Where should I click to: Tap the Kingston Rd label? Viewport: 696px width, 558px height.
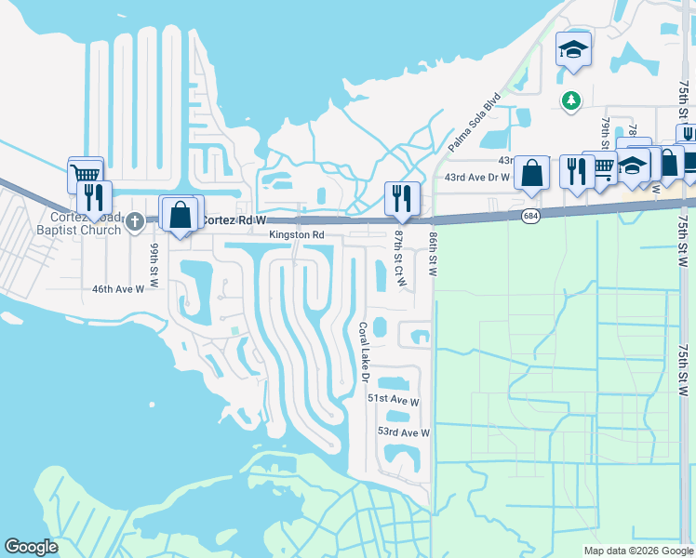point(296,235)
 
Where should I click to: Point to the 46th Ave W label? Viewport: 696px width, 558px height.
point(118,289)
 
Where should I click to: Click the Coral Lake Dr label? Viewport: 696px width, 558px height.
point(364,353)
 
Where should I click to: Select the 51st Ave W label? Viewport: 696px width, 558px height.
point(394,399)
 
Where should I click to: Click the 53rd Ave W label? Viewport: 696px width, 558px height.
point(403,432)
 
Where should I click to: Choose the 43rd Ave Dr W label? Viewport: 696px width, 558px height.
point(477,177)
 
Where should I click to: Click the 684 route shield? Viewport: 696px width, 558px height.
point(529,215)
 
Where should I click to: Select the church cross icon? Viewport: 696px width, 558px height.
point(135,220)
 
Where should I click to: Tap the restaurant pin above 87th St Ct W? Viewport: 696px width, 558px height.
point(401,196)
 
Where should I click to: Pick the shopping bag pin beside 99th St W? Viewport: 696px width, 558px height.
point(180,212)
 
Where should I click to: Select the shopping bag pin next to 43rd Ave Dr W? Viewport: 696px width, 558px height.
point(530,172)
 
